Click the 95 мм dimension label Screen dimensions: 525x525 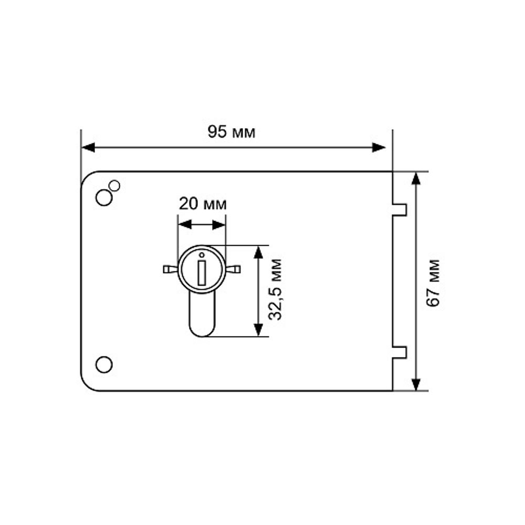tap(232, 132)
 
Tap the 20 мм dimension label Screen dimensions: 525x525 tap(203, 204)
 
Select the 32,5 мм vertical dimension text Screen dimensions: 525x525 tap(275, 290)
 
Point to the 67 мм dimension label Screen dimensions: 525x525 tap(433, 283)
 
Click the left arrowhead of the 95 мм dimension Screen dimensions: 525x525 tap(88, 148)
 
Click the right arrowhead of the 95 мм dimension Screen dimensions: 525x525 tap(379, 148)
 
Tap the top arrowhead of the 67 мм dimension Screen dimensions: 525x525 tap(416, 178)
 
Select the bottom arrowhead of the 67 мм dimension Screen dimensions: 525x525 tap(416, 384)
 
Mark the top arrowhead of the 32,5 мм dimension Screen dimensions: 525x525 tap(258, 252)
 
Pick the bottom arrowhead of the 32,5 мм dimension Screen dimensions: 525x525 tap(258, 330)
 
